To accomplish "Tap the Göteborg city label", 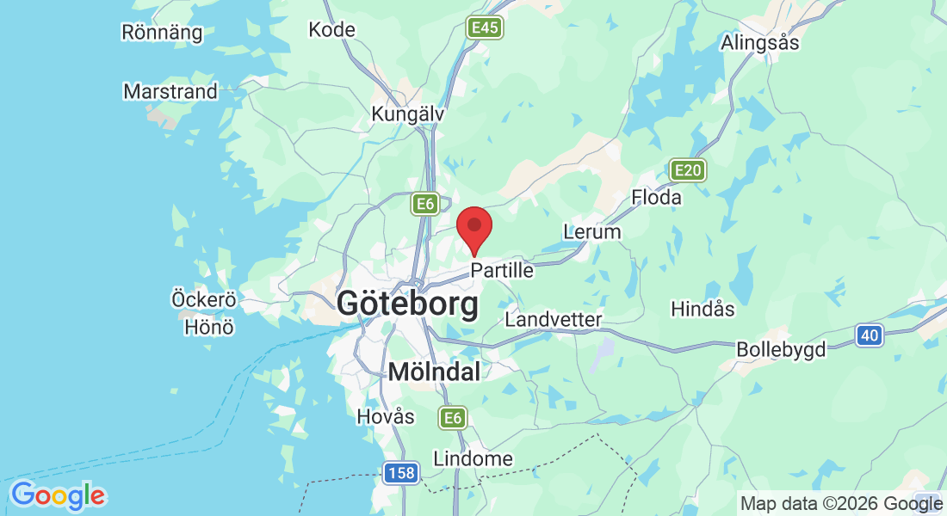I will tap(407, 304).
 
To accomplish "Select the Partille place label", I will tap(502, 270).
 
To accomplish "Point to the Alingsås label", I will tap(760, 42).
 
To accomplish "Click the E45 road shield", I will tap(485, 28).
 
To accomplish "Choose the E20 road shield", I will tap(688, 170).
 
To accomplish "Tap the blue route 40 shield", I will tap(870, 335).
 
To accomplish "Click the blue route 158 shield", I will tap(401, 473).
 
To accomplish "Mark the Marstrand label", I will tap(170, 91).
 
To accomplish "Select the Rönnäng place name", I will tap(162, 33).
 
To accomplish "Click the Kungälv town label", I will tap(407, 114).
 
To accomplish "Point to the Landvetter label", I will tap(553, 319).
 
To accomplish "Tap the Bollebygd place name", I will tap(781, 349).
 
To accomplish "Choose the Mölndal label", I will tap(434, 372).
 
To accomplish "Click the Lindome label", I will tap(473, 458).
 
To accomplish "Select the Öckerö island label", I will tap(203, 300).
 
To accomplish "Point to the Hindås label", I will tap(703, 309).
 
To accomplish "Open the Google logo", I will tap(58, 495).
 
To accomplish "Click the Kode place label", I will tap(331, 29).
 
